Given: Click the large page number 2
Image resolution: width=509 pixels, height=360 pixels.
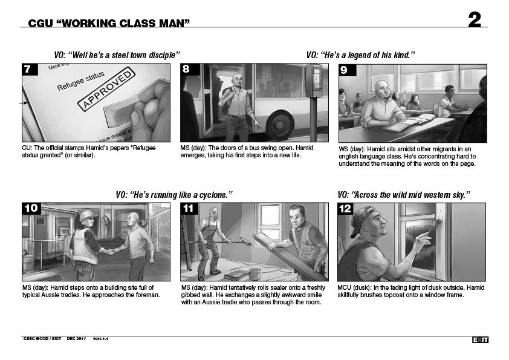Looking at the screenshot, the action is tap(475, 20).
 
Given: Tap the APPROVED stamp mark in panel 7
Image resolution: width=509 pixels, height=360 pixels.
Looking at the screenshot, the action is tap(106, 89).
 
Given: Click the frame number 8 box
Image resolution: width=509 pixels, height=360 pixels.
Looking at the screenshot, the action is tap(190, 70).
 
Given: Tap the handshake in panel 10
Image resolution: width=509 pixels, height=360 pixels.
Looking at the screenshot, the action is tap(111, 251).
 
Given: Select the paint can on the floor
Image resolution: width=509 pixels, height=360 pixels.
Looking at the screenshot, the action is tap(255, 273).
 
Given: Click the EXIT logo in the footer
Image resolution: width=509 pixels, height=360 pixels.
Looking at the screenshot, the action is tap(480, 339).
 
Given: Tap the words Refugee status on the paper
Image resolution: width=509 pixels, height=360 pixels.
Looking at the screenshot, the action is tap(81, 80).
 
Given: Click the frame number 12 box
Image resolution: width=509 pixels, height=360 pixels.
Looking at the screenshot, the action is tap(345, 209).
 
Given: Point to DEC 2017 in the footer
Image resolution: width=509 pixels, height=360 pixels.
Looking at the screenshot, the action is tap(76, 339).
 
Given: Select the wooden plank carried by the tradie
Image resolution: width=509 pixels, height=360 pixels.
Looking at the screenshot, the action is tap(291, 257).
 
